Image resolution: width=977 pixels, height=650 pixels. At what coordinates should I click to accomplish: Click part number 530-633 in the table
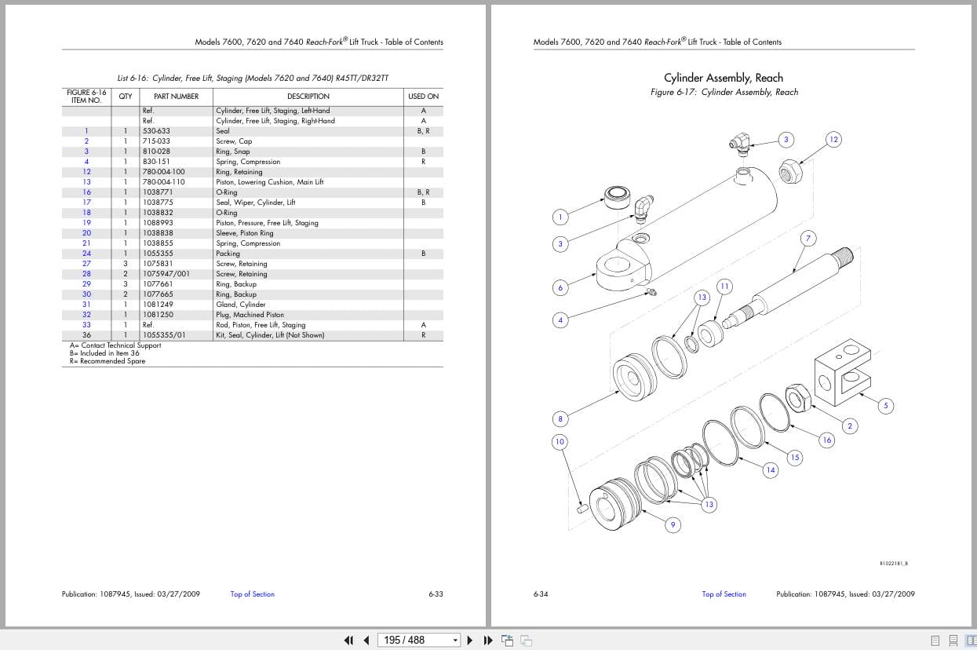tap(156, 131)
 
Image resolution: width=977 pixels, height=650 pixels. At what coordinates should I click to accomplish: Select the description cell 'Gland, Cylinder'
tap(240, 305)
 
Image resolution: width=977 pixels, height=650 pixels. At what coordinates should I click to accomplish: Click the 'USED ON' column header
tap(423, 97)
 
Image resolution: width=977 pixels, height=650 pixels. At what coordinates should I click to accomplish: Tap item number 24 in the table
tap(86, 254)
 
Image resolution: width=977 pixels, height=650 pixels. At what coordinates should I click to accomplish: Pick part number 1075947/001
tap(166, 274)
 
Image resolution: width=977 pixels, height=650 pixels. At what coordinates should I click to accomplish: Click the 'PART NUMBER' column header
tap(176, 97)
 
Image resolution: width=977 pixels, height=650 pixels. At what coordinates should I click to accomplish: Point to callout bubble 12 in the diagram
tap(833, 140)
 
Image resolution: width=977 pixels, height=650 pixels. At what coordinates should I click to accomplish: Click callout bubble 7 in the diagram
tap(807, 238)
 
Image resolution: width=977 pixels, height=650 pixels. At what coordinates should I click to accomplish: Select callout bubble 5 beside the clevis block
tap(885, 406)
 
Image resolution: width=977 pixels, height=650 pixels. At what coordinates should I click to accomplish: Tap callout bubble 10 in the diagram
tap(560, 442)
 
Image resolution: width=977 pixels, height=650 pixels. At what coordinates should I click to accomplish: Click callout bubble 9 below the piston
tap(673, 524)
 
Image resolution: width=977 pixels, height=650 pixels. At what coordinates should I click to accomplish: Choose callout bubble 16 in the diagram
tap(826, 440)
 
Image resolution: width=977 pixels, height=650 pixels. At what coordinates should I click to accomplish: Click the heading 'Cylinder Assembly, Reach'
tap(723, 78)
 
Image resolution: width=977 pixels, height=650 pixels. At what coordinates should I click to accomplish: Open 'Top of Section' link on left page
tap(252, 594)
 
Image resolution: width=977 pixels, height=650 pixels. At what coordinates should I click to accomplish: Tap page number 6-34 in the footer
tap(541, 594)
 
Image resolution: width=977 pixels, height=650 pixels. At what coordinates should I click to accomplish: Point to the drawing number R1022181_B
tap(893, 563)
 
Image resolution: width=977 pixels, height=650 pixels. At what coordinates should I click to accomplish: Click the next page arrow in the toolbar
tap(469, 640)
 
